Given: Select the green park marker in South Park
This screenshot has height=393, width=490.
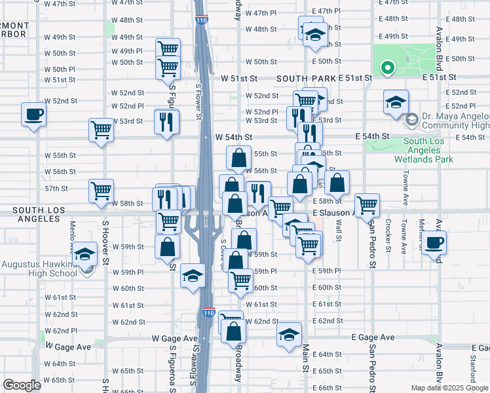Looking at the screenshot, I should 386,67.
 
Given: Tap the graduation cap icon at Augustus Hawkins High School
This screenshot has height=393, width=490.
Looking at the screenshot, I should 83,253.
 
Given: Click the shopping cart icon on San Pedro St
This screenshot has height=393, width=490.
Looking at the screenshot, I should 367,204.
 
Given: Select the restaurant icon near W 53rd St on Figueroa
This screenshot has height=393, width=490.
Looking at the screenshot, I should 166,121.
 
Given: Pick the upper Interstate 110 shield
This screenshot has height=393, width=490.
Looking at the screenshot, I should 202,20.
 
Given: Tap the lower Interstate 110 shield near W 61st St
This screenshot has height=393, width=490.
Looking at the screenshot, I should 208,312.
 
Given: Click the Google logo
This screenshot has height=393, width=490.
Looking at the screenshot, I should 22,384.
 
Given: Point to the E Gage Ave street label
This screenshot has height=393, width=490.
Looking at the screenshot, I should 373,337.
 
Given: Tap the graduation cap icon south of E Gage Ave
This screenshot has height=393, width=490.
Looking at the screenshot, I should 289,335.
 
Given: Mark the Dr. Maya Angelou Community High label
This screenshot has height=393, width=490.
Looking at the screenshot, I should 455,121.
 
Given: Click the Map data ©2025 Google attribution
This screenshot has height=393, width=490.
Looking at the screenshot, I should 449,388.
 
